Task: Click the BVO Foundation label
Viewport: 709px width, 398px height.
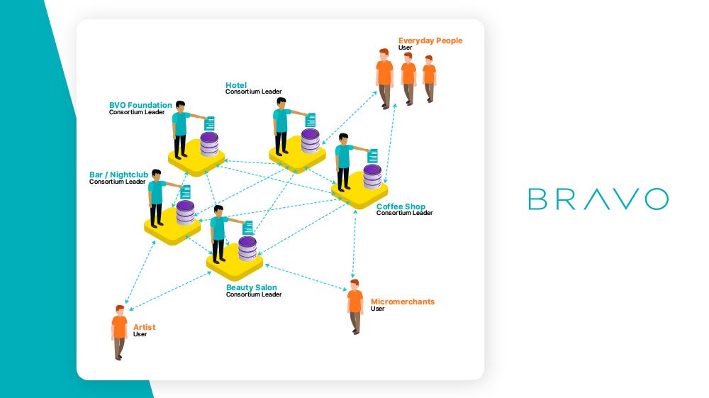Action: (x=140, y=105)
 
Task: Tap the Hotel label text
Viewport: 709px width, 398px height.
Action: (x=236, y=85)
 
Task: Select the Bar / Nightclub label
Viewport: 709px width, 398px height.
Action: (x=118, y=175)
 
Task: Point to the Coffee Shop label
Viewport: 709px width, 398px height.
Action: (x=401, y=206)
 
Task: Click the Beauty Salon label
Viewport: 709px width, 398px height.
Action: (x=252, y=287)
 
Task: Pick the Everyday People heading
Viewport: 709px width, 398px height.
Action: (x=430, y=40)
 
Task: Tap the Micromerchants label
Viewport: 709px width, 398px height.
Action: (x=403, y=302)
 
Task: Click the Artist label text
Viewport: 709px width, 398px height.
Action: (x=144, y=327)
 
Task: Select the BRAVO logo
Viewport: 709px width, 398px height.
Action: (x=598, y=199)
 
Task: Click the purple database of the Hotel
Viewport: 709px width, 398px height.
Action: (x=311, y=141)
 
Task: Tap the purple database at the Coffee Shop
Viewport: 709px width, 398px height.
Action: (x=373, y=177)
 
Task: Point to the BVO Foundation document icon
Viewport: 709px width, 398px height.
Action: (x=210, y=123)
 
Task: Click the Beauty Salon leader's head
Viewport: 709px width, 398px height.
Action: (x=218, y=210)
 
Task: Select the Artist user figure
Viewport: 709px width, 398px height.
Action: (x=119, y=333)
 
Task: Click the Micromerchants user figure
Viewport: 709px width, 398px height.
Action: (x=355, y=306)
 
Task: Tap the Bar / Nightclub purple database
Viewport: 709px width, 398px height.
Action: (x=185, y=213)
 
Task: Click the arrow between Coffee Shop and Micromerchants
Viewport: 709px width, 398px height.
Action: (x=354, y=244)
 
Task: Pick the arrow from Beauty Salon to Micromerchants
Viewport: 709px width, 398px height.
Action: (x=306, y=277)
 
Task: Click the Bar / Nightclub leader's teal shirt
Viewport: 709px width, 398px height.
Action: (x=157, y=192)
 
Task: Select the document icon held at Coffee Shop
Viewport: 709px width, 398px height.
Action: (x=373, y=156)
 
